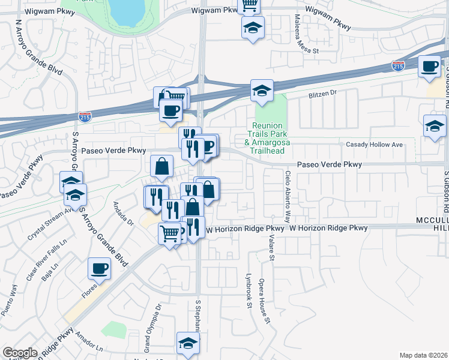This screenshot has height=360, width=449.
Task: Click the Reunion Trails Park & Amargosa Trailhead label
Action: pos(272,134)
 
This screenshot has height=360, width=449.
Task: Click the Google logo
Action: pos(20,353)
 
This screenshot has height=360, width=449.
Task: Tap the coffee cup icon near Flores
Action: pos(99,268)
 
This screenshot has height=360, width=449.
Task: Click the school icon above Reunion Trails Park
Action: pos(262,91)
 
